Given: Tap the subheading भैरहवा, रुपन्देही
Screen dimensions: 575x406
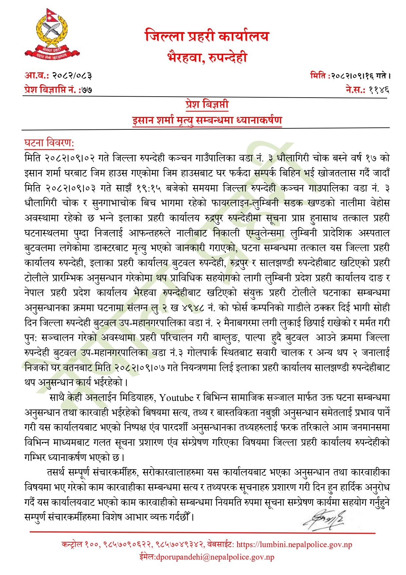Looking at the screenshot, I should (207, 57).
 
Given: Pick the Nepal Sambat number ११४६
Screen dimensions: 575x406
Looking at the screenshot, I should (379, 89).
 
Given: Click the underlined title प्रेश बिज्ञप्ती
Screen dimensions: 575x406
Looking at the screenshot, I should (207, 105).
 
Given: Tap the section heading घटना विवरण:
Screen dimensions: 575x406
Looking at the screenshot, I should (49, 143).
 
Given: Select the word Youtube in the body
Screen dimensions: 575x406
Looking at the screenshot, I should (176, 398).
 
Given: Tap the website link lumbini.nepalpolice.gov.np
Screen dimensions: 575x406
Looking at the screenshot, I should (294, 545).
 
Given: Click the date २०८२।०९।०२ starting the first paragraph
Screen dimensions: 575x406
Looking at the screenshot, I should (70, 159).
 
